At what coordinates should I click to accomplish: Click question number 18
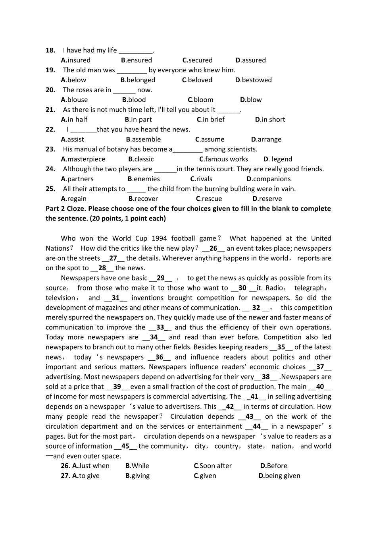coord(50,50)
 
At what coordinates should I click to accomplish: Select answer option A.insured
coord(76,60)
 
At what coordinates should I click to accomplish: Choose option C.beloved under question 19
coord(197,80)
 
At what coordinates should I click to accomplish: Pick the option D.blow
coord(251,100)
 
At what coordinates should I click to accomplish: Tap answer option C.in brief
coord(211,120)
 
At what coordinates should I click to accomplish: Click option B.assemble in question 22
coord(143,139)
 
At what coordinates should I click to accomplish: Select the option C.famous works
coord(223,159)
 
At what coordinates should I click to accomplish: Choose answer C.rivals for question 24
coord(201,179)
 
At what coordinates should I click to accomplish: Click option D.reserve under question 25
coord(267,199)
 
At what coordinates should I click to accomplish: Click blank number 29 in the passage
coord(161,278)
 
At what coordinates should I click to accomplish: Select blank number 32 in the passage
coord(256,308)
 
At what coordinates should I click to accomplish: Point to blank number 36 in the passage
coord(159,357)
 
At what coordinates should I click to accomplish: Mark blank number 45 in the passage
coord(125,446)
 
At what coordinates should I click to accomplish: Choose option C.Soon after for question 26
coord(213,466)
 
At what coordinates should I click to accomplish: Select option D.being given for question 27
coord(279,476)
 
